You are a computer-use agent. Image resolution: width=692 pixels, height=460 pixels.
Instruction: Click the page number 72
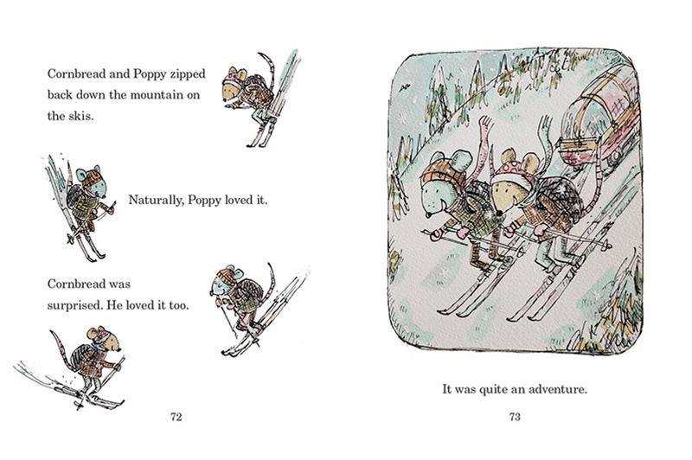click(176, 417)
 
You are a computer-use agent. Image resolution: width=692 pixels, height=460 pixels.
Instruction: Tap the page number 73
click(515, 417)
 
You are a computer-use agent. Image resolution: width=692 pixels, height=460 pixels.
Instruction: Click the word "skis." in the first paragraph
click(81, 116)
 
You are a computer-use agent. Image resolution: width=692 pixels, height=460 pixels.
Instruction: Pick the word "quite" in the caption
click(493, 390)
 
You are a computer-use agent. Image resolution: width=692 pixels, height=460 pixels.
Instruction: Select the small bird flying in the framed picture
click(403, 89)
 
